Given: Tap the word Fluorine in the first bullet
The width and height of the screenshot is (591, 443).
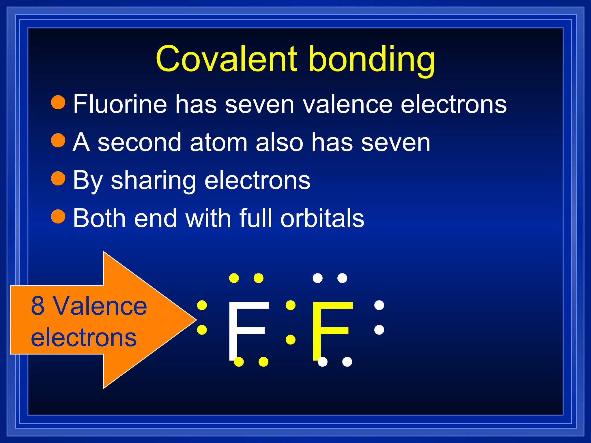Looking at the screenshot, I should [120, 104].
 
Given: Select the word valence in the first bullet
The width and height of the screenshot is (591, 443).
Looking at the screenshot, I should [347, 104].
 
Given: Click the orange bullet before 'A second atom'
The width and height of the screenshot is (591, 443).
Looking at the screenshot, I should [58, 140].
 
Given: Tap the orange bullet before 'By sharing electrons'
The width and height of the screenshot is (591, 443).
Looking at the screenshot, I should [58, 178].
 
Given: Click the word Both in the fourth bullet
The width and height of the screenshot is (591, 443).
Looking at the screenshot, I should [99, 218].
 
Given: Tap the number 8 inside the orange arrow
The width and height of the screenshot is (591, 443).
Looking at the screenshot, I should [38, 306].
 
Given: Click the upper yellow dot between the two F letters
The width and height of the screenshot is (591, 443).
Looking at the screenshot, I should [290, 305].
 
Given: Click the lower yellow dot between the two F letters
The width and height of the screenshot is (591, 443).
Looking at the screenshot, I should [290, 339].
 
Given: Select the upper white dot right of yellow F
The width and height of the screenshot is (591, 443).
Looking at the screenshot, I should [379, 305].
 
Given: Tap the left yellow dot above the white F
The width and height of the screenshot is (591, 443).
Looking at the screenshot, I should [234, 278].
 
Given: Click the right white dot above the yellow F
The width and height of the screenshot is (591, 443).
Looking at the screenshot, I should [342, 278].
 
